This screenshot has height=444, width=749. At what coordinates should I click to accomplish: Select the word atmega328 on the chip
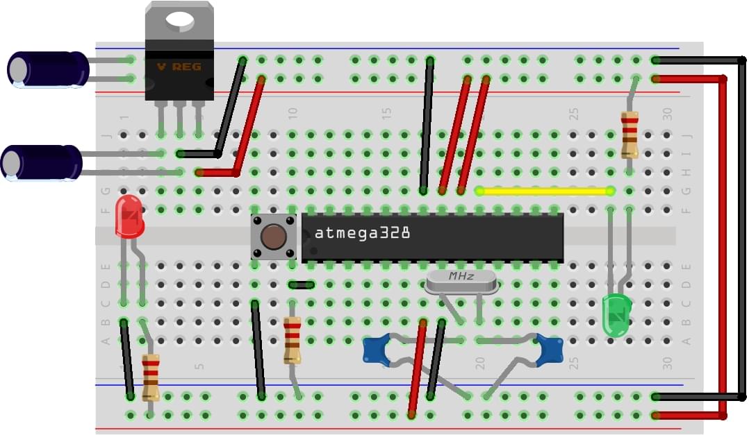pyautogui.click(x=362, y=233)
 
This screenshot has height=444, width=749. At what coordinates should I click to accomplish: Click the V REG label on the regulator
pyautogui.click(x=179, y=67)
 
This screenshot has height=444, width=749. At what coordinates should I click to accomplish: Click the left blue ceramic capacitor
pyautogui.click(x=377, y=350)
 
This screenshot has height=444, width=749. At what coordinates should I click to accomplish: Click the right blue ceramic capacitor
pyautogui.click(x=550, y=349)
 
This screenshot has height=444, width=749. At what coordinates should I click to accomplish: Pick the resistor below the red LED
pyautogui.click(x=151, y=377)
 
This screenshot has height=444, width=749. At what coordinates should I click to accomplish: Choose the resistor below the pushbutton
pyautogui.click(x=293, y=340)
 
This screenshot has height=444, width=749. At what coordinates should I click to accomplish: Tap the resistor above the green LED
pyautogui.click(x=629, y=135)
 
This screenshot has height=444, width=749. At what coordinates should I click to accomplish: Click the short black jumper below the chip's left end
pyautogui.click(x=302, y=284)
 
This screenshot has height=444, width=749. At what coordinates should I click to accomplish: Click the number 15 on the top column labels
pyautogui.click(x=386, y=113)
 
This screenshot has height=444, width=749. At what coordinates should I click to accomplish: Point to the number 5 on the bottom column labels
pyautogui.click(x=199, y=366)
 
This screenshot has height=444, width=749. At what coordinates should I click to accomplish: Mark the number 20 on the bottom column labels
pyautogui.click(x=479, y=363)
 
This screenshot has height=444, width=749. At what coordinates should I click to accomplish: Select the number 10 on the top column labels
pyautogui.click(x=293, y=113)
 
